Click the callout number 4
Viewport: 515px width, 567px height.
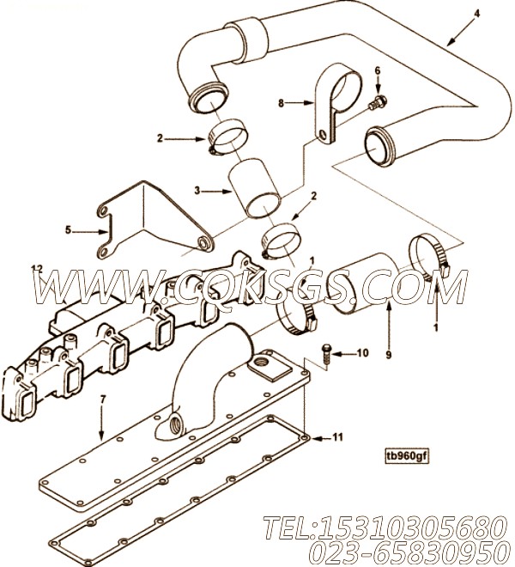[x=477, y=14]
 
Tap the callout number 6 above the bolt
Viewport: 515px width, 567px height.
[x=378, y=70]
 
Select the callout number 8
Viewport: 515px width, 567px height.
[x=282, y=103]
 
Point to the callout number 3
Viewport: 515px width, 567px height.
[x=197, y=191]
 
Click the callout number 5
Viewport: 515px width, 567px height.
[x=69, y=230]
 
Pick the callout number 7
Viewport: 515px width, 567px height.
[x=103, y=399]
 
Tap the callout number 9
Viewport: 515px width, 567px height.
[x=389, y=355]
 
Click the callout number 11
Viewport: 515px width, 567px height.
[x=337, y=437]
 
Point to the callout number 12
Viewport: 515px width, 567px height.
[x=38, y=269]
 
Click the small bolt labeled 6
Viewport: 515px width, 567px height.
[x=378, y=101]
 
